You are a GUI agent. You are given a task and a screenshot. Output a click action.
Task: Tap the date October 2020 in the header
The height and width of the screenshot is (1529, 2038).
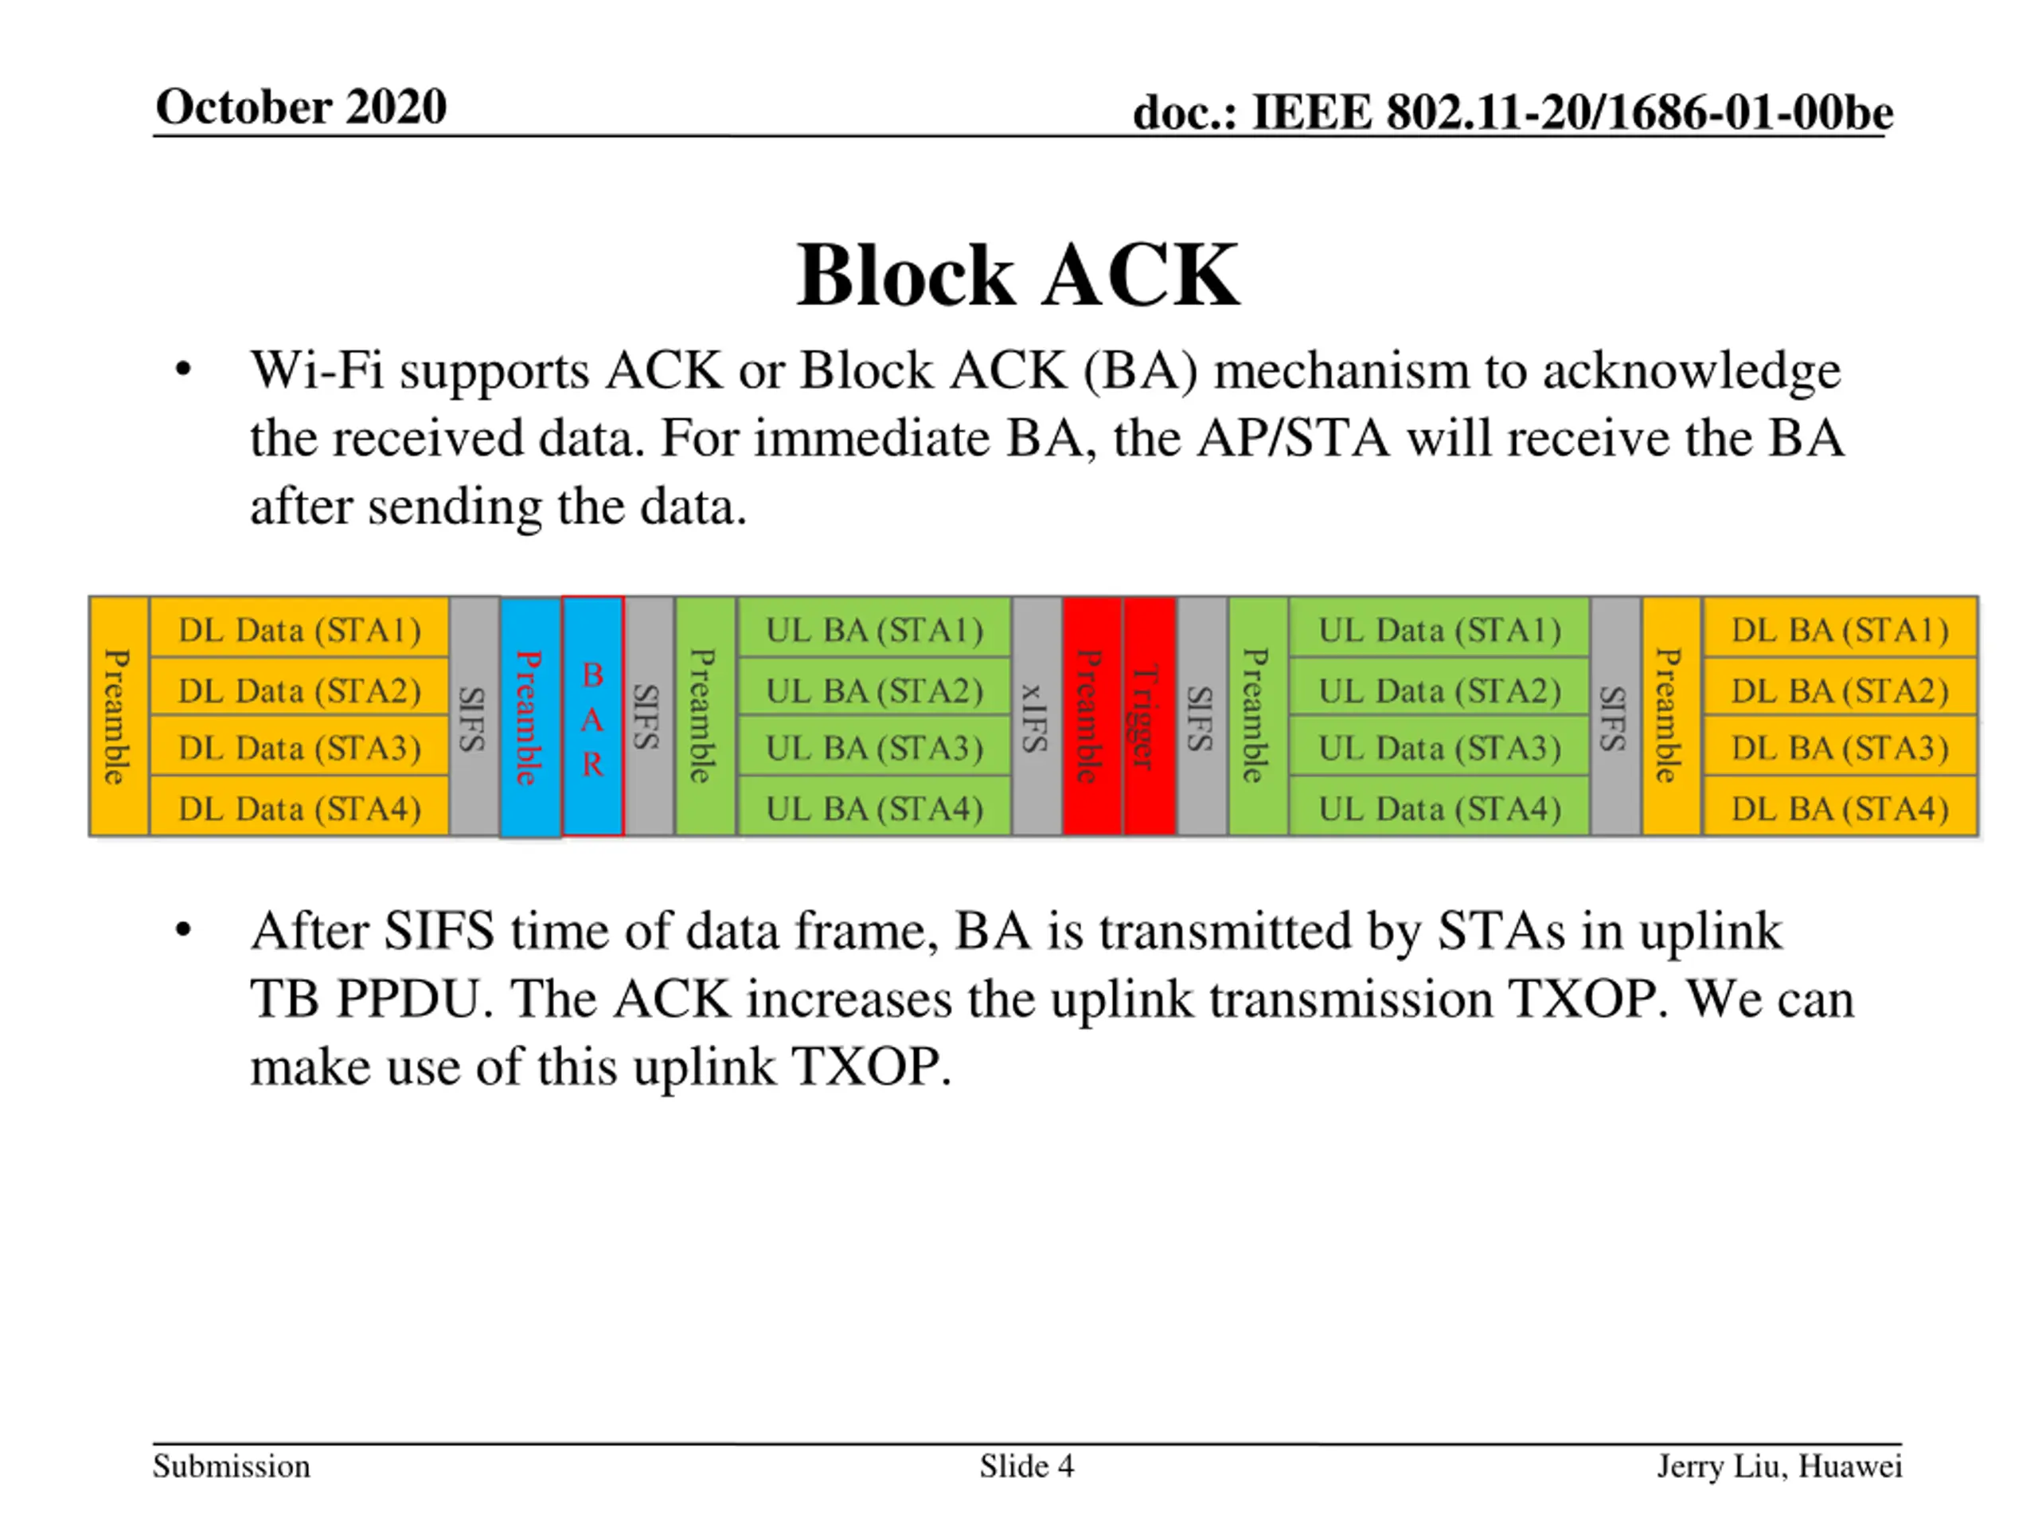(x=301, y=106)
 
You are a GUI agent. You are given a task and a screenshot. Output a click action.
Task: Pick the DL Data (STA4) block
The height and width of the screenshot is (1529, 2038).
(x=299, y=807)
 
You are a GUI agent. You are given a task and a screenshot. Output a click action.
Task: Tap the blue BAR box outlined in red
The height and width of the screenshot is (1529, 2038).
(x=592, y=716)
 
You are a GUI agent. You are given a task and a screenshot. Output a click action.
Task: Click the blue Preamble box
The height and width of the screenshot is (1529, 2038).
(x=529, y=717)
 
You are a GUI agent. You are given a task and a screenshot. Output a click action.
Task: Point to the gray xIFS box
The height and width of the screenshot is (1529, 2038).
(x=1037, y=716)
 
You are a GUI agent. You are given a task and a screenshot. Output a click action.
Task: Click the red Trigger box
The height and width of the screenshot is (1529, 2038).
(x=1149, y=716)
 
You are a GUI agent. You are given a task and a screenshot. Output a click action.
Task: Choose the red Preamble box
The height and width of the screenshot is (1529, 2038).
(x=1091, y=716)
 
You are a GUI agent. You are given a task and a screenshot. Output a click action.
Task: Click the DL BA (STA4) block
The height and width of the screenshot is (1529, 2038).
(x=1840, y=807)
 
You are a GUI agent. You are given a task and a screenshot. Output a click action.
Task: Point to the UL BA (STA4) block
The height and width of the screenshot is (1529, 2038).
(x=874, y=807)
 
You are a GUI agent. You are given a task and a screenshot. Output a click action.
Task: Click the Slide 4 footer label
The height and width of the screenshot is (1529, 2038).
(x=1026, y=1465)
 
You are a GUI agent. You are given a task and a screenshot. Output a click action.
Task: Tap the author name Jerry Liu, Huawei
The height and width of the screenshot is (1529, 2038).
(x=1779, y=1466)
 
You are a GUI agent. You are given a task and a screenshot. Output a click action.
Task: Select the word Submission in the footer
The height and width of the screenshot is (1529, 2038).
(x=231, y=1465)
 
